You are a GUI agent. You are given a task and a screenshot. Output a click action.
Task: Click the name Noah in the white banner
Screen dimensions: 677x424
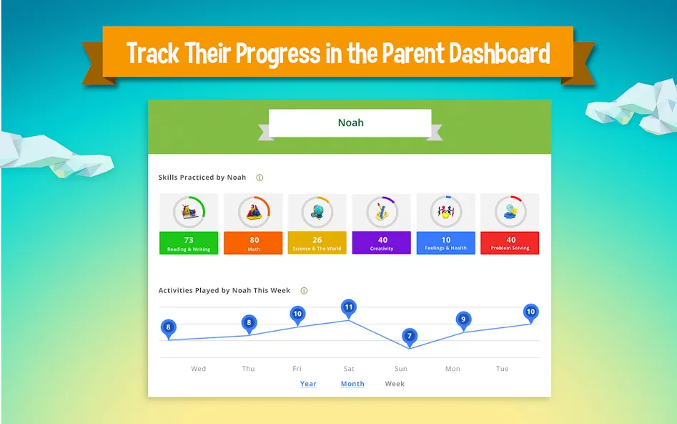pos(350,122)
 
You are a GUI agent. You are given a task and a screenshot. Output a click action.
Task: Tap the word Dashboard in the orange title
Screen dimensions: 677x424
pos(500,53)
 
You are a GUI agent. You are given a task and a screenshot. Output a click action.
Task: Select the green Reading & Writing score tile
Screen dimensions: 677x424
pos(189,243)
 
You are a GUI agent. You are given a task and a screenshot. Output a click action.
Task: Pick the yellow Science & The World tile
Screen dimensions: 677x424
pos(317,243)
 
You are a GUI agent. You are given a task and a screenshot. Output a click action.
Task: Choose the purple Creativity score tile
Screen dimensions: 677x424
pos(382,243)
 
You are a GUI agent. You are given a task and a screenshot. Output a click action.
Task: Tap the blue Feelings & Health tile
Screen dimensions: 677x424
pos(445,243)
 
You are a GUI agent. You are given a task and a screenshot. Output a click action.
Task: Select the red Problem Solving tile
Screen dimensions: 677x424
pos(510,243)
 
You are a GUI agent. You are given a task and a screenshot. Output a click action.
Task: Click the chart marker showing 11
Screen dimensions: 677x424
pos(348,309)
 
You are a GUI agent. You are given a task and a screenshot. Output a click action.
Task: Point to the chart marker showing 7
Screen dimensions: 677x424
pos(410,337)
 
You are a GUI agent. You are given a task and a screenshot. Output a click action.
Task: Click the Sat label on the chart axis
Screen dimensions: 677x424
pos(349,369)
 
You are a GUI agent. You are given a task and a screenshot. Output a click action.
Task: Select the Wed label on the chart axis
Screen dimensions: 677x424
pos(198,369)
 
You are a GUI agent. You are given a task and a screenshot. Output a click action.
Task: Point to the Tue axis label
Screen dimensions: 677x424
pos(502,369)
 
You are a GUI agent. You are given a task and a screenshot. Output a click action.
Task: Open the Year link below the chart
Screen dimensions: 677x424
pos(308,384)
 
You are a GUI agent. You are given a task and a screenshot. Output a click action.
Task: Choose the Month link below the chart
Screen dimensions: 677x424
pos(352,384)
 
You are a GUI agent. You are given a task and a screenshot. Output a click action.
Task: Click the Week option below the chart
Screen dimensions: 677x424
pos(395,384)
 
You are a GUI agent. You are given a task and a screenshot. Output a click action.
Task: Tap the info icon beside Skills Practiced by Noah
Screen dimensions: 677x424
pos(260,178)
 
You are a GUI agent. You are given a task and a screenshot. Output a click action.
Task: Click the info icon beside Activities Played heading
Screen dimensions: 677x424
pos(304,291)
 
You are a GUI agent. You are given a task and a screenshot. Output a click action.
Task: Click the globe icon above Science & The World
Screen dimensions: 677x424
pos(317,211)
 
